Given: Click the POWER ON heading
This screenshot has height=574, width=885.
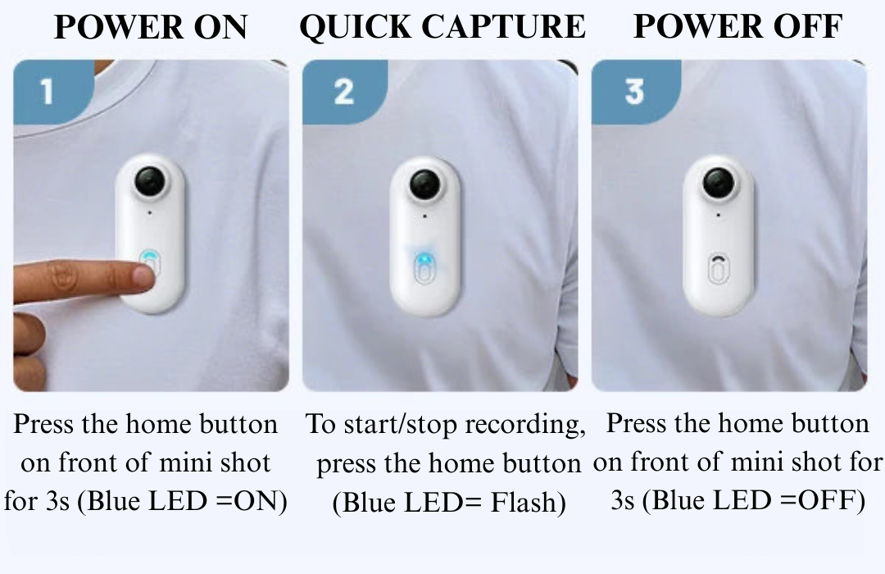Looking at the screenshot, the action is [151, 26].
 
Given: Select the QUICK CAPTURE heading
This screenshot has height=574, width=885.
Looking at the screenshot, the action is [442, 26].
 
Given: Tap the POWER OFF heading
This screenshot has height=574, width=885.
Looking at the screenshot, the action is [738, 26].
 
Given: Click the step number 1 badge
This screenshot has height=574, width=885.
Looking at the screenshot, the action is [52, 91].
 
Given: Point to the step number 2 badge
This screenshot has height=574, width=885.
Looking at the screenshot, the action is [344, 91].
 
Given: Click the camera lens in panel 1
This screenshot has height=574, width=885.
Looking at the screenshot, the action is [150, 180].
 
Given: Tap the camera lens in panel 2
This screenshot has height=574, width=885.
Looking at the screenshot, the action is [424, 185].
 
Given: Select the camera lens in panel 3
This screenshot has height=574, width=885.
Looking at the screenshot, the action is [719, 184].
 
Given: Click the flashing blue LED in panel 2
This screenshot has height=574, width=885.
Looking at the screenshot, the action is [424, 259].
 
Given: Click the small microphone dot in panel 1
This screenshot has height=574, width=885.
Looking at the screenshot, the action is [150, 213].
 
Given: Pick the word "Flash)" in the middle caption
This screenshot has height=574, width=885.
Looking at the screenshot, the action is [528, 502].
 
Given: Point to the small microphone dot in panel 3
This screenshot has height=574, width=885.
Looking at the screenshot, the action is [718, 215].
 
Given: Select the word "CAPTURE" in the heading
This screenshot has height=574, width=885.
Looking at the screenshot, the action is [504, 26].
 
